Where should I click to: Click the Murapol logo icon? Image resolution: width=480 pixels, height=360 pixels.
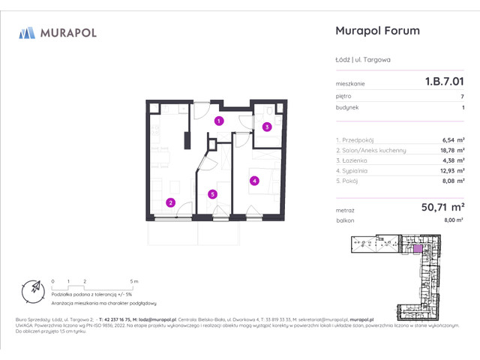tap(27, 32)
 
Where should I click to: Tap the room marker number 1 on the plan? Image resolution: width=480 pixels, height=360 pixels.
tap(218, 121)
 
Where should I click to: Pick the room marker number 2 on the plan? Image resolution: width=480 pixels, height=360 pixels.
tap(171, 202)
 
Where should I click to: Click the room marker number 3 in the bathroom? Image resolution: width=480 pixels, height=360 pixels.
tap(267, 127)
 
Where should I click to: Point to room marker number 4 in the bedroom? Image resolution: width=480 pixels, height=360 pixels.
tap(255, 180)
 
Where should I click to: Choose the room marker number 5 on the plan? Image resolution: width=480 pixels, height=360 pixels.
tap(213, 194)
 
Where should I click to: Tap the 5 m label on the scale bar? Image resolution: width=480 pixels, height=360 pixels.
tap(133, 280)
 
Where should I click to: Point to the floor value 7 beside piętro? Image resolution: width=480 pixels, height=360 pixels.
tap(462, 97)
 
